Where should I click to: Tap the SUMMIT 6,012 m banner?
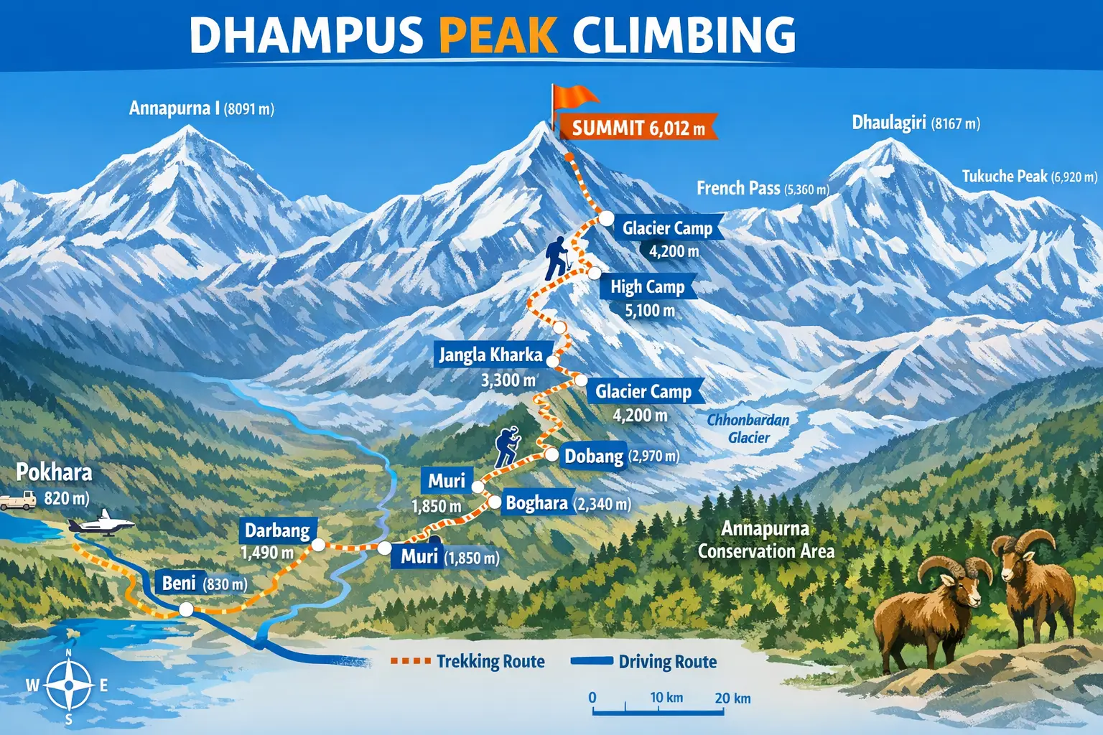(x=638, y=128)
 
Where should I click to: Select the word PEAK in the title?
(x=498, y=34)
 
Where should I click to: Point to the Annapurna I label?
(x=201, y=108)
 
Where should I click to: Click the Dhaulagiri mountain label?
(x=916, y=123)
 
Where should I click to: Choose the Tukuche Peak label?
(x=1029, y=177)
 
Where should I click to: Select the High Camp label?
(x=648, y=287)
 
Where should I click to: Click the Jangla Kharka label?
(x=490, y=355)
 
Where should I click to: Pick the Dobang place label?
(x=594, y=457)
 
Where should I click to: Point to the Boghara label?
(x=537, y=502)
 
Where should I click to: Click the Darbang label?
(x=277, y=530)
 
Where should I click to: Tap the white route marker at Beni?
(x=186, y=609)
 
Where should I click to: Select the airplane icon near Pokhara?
(x=103, y=523)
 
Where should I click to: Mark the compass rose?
(x=69, y=685)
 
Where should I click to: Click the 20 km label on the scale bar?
(x=732, y=698)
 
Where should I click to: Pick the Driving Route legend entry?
(x=644, y=661)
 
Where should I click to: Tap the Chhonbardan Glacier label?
(x=748, y=429)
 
